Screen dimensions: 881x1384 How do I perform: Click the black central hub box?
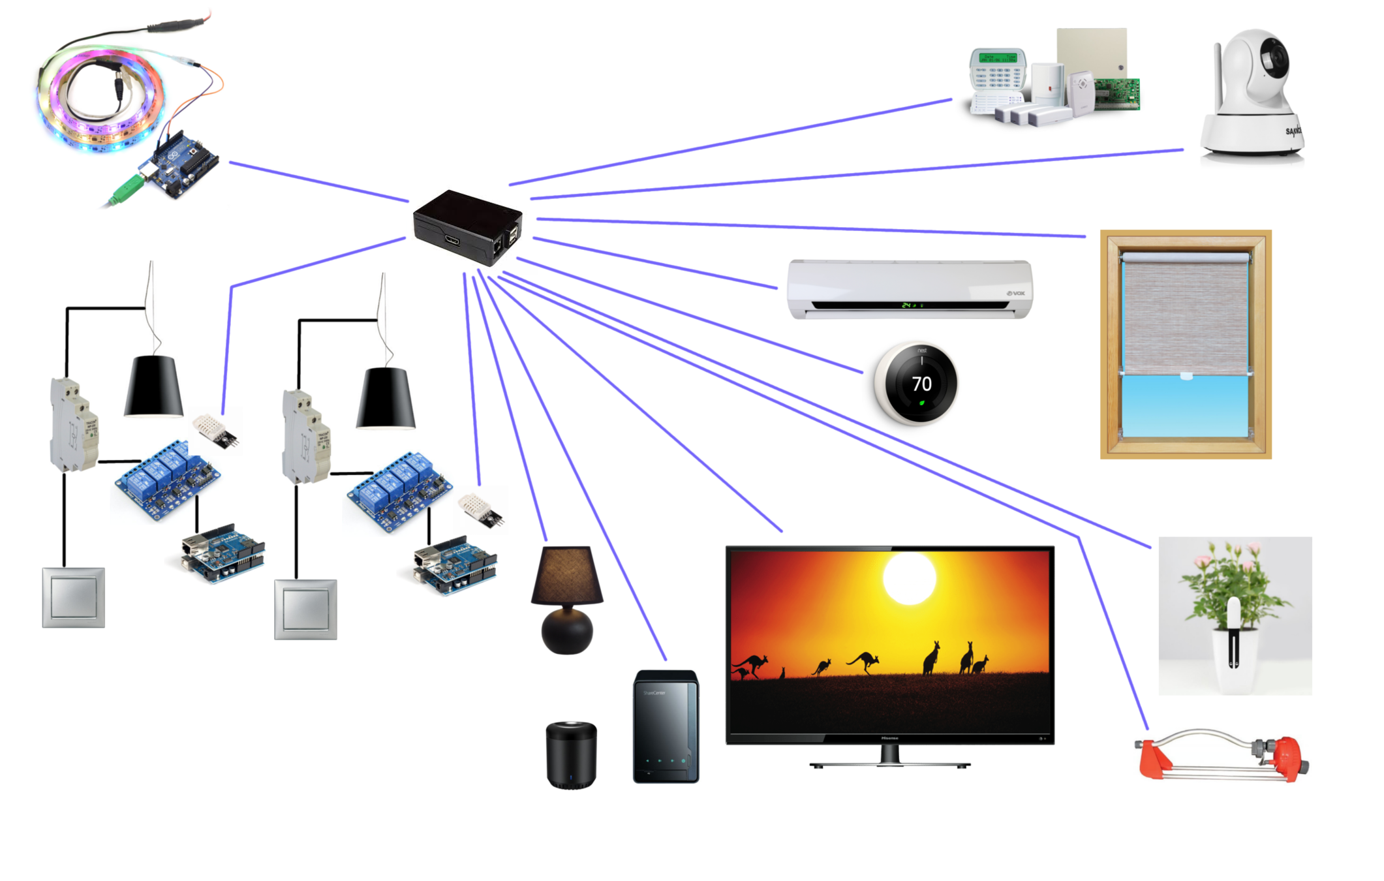[467, 226]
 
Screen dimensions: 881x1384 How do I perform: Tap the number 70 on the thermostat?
[921, 384]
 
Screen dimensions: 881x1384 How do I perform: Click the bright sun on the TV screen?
[909, 578]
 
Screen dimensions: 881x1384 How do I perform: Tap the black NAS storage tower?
[666, 726]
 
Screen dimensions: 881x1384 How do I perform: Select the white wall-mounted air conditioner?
[910, 289]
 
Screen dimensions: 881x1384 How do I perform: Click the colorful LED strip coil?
[98, 98]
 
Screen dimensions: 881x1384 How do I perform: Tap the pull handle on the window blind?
[1186, 376]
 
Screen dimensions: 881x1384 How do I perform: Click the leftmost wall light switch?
[73, 597]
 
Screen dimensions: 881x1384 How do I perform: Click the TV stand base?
[889, 764]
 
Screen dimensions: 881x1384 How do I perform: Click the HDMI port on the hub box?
[452, 241]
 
